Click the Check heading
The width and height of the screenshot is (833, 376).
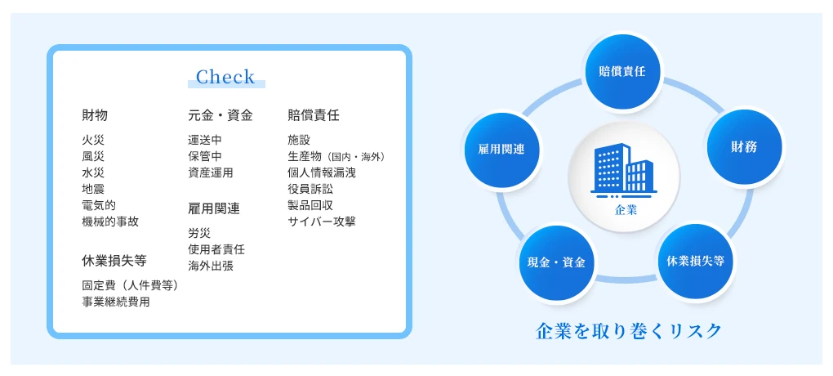pyautogui.click(x=225, y=78)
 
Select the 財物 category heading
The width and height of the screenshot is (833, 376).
pyautogui.click(x=95, y=115)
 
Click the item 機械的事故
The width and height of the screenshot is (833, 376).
pyautogui.click(x=110, y=222)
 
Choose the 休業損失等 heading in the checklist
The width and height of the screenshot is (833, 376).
pyautogui.click(x=114, y=261)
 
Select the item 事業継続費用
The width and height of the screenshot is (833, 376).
pyautogui.click(x=116, y=302)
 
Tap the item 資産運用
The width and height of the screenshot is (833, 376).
pyautogui.click(x=211, y=172)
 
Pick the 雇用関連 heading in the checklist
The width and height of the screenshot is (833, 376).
pyautogui.click(x=214, y=208)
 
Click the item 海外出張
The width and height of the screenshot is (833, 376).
pyautogui.click(x=211, y=266)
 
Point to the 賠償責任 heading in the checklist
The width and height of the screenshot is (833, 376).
pyautogui.click(x=314, y=115)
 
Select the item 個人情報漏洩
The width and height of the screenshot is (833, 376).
pyautogui.click(x=322, y=172)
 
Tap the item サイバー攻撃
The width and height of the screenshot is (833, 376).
pyautogui.click(x=322, y=222)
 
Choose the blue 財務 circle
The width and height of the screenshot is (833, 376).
pyautogui.click(x=744, y=147)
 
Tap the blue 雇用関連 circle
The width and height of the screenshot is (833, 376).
pyautogui.click(x=501, y=148)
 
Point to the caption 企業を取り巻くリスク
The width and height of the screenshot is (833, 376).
pyautogui.click(x=629, y=331)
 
